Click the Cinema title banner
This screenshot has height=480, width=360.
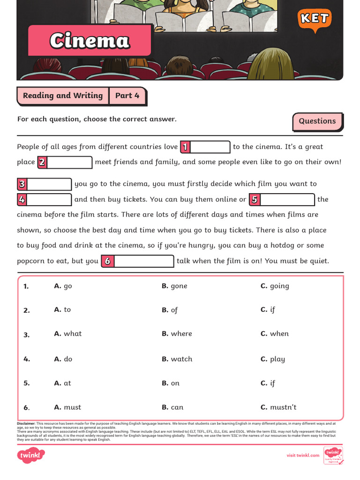click(x=90, y=41)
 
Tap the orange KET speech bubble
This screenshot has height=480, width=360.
click(x=314, y=19)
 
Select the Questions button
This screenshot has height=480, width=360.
click(x=317, y=121)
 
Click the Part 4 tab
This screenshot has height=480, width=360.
click(x=127, y=96)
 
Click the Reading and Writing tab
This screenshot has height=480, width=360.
click(x=63, y=96)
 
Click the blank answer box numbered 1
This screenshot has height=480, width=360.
click(x=210, y=147)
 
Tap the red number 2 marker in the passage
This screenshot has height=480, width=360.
click(x=42, y=163)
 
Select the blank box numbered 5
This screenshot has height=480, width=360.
click(x=287, y=200)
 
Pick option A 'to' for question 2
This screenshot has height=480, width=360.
click(x=63, y=310)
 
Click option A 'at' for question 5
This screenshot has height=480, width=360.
click(x=63, y=383)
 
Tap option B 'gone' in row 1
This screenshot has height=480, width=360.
click(x=174, y=286)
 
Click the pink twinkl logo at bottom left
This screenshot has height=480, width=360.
click(x=31, y=455)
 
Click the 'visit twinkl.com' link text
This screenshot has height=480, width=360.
click(x=303, y=455)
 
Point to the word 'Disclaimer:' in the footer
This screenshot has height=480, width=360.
click(x=26, y=423)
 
